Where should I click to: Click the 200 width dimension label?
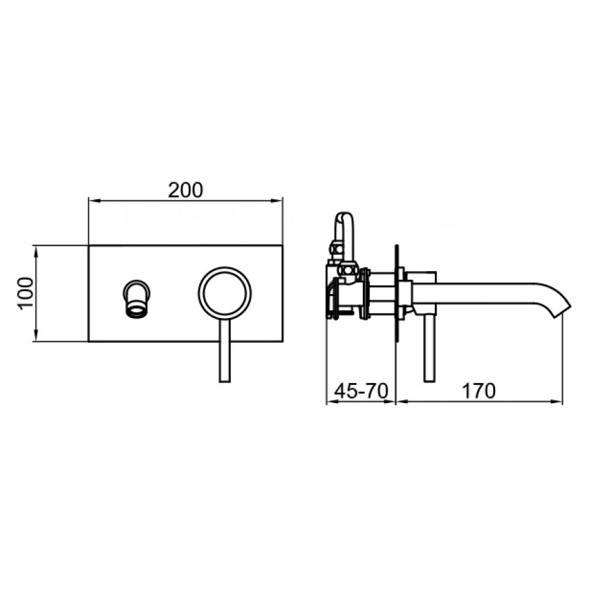click(x=185, y=190)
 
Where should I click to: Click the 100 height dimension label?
click(x=25, y=293)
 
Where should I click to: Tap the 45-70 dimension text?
click(x=361, y=391)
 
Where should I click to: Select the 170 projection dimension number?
click(x=478, y=391)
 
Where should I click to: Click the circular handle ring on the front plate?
click(x=225, y=268)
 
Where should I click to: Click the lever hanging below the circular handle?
click(x=225, y=352)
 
